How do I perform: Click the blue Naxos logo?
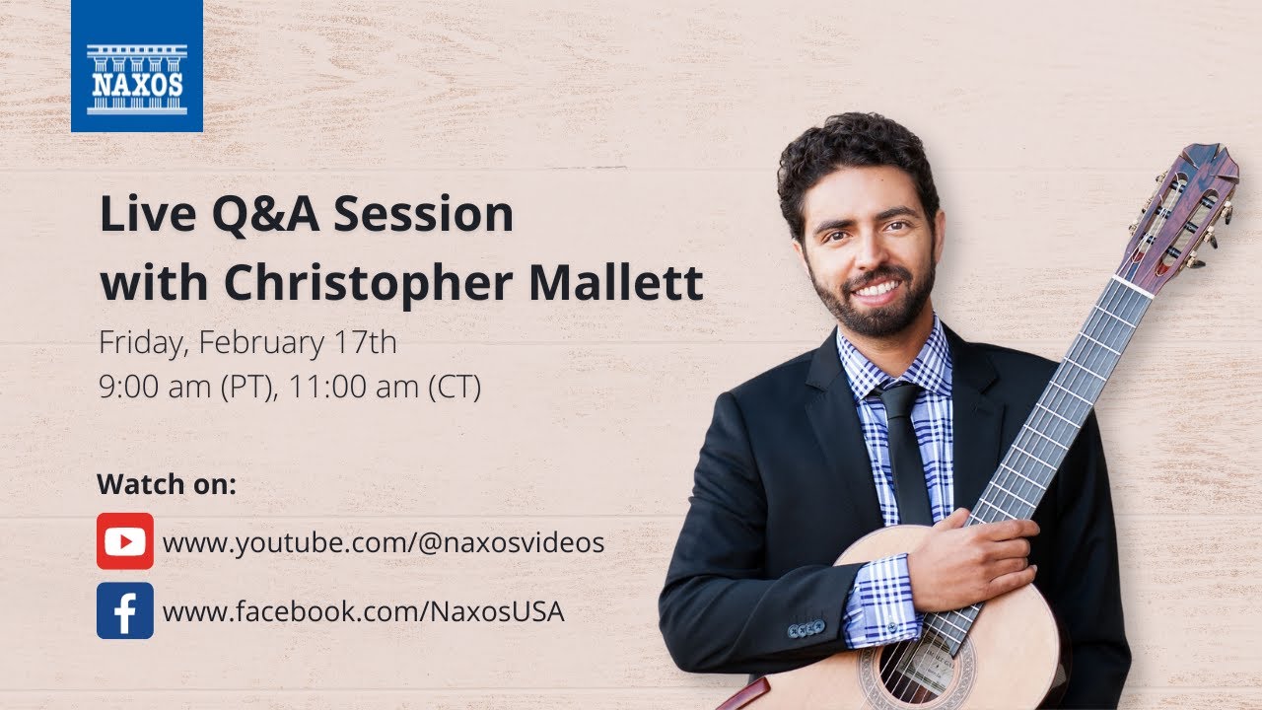click(137, 66)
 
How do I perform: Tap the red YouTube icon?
click(125, 541)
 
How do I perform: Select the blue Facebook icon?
click(125, 610)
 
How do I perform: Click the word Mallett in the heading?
click(616, 283)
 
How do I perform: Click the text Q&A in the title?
click(265, 215)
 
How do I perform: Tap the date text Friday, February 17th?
click(247, 344)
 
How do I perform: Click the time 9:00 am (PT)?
click(179, 388)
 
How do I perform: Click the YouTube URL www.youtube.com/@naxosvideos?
click(384, 542)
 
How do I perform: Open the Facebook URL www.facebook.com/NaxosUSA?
click(364, 611)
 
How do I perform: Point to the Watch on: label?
click(167, 485)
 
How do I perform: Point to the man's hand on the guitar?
click(976, 557)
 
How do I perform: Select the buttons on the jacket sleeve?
click(806, 627)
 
